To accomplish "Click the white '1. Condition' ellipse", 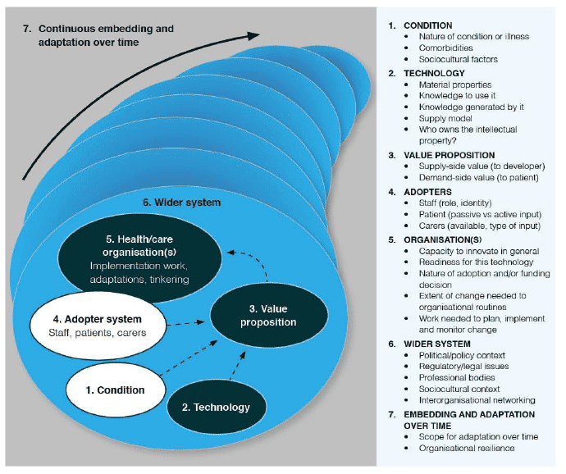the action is (116, 390).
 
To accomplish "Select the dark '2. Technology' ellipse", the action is (217, 407).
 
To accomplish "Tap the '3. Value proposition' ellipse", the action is (269, 315).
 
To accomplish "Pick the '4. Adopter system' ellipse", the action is (98, 326).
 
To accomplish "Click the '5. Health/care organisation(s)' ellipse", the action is (139, 258).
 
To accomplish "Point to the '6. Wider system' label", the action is (181, 203).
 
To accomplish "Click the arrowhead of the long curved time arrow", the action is (253, 35).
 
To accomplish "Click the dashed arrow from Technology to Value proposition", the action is (238, 365).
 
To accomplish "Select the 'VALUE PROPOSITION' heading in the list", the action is (449, 155).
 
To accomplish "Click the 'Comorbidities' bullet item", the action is (445, 48).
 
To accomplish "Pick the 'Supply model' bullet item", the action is (445, 118).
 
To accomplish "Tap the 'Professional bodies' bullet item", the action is (457, 377).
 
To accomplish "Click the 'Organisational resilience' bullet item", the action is (467, 448).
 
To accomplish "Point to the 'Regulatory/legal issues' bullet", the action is (463, 367).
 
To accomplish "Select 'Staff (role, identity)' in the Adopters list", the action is (454, 203).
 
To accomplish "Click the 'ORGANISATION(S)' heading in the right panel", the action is (443, 239).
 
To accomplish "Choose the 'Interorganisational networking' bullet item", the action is (477, 400).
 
